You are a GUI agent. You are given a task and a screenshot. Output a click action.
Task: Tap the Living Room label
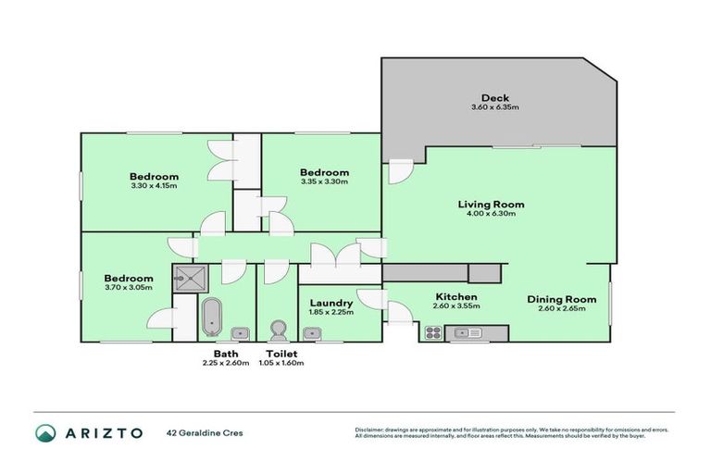tap(492, 205)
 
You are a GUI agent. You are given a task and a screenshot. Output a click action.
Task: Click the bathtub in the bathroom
tap(211, 317)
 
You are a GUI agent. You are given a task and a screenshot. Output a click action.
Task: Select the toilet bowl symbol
tap(276, 331)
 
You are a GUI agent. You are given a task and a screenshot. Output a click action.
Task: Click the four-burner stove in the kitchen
tap(432, 331)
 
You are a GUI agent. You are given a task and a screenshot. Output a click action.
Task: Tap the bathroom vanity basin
tap(239, 333)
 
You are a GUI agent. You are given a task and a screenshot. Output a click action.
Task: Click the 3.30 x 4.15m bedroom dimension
tap(154, 186)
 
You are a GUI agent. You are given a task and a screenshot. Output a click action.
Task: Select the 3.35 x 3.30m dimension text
tap(324, 182)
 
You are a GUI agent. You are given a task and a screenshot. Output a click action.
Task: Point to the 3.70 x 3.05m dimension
tap(128, 288)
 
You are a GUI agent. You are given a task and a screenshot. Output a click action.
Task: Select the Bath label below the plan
tap(226, 354)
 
